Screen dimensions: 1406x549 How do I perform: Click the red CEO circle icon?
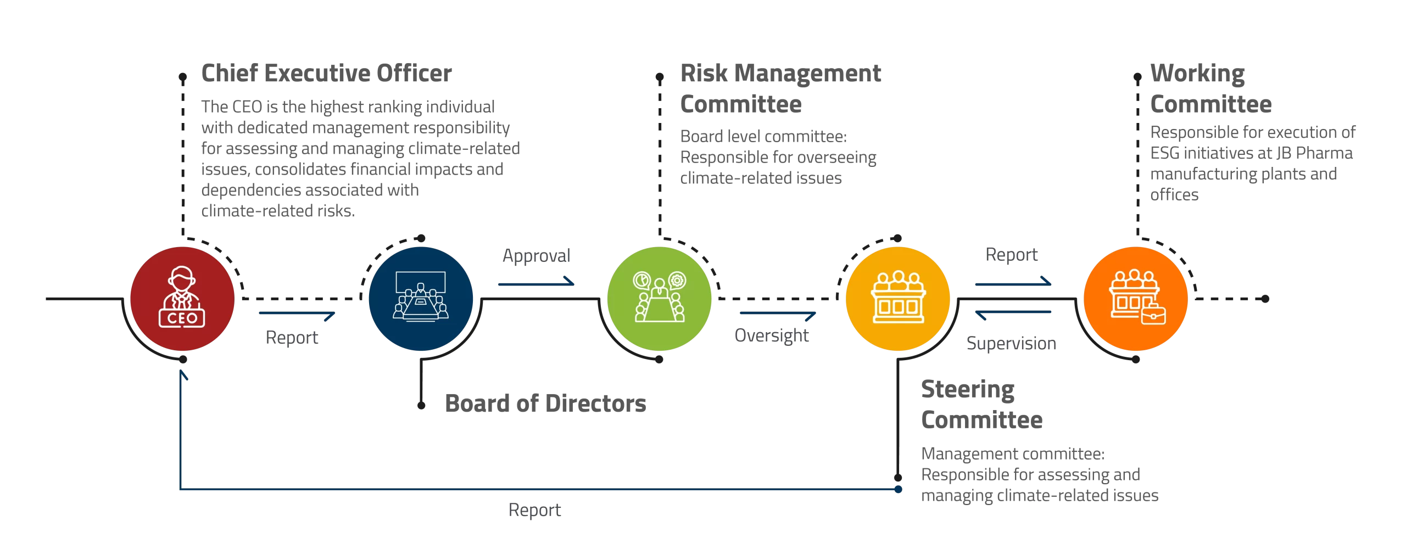(182, 299)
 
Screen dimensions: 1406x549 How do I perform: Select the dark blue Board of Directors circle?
(421, 299)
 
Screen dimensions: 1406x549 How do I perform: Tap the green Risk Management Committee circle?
(659, 299)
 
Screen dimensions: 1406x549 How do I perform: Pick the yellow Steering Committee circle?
(898, 299)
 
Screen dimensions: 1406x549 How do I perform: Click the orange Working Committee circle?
(1136, 299)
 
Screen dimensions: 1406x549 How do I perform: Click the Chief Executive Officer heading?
(326, 73)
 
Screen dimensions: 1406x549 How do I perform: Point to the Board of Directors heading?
(545, 404)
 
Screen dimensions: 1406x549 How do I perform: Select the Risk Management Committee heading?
(780, 88)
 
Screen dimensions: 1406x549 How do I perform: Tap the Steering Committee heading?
(981, 405)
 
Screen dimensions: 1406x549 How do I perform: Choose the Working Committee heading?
(1211, 88)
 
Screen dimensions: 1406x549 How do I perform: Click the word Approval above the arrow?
(537, 256)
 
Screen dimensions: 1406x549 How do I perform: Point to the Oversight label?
(772, 335)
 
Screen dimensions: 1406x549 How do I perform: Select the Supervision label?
(1011, 343)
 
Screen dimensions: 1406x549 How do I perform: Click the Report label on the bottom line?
(534, 510)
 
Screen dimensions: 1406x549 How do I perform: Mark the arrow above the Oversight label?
(778, 315)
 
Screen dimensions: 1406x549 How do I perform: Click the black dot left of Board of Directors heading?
(421, 406)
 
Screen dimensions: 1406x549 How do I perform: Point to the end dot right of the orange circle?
(1265, 299)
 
